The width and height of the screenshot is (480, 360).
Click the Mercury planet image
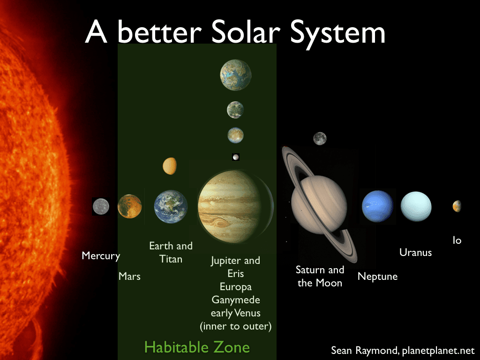[x=101, y=206]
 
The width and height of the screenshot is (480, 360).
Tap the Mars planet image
[x=130, y=206]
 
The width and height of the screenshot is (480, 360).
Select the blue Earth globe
[x=171, y=207]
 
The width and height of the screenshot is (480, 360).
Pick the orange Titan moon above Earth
[x=170, y=165]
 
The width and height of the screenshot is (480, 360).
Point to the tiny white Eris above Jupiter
[x=236, y=157]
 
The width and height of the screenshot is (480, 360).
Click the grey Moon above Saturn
[x=320, y=138]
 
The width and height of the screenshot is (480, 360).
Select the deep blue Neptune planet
[x=377, y=206]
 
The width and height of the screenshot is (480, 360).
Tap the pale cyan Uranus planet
[x=416, y=206]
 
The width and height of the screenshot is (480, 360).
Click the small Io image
[x=457, y=206]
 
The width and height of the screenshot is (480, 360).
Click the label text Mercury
[x=101, y=256]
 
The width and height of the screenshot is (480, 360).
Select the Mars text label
[x=129, y=277]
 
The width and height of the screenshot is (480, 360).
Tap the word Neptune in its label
[x=377, y=277]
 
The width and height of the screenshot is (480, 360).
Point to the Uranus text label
[x=415, y=252]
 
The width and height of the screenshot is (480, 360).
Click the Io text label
[x=457, y=240]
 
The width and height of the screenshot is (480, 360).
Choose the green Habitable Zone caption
[x=197, y=347]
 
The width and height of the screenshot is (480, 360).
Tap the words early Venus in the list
[x=235, y=313]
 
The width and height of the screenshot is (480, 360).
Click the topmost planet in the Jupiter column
[x=236, y=75]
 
